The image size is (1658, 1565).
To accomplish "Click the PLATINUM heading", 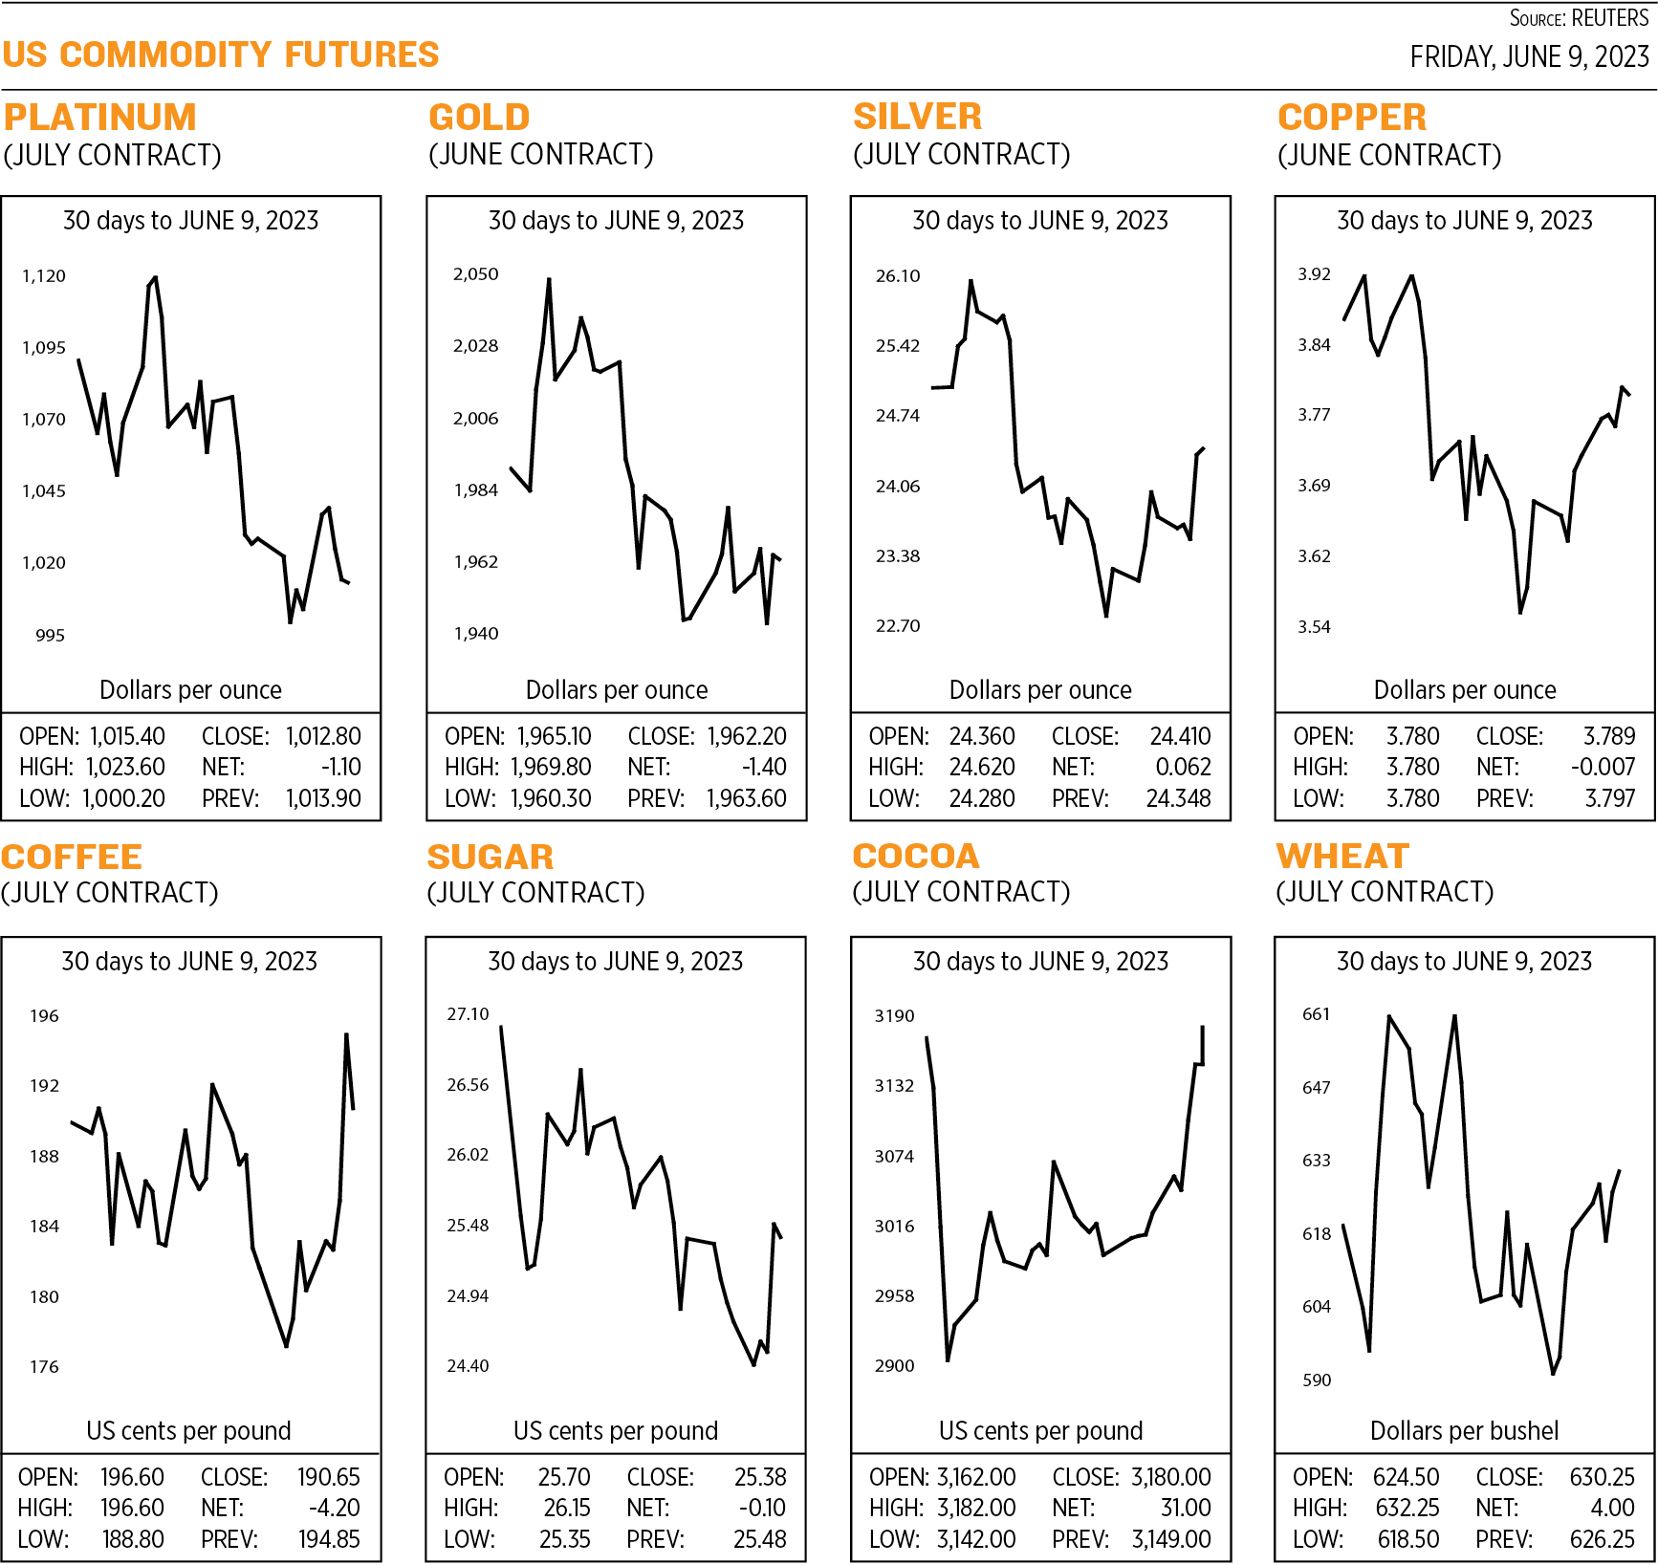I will click(x=99, y=118).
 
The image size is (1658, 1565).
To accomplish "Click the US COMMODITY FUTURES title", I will click(x=220, y=54).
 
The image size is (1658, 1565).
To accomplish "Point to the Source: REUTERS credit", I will click(x=1578, y=18).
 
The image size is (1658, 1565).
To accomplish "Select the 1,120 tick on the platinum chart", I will click(x=44, y=276).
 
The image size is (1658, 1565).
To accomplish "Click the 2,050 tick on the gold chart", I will click(x=475, y=274).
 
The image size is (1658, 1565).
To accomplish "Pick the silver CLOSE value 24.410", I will click(x=1179, y=736).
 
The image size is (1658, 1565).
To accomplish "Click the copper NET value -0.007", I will click(x=1603, y=767).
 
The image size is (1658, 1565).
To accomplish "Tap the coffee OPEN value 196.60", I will click(x=132, y=1477).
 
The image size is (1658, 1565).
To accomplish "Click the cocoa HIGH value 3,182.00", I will click(x=975, y=1508).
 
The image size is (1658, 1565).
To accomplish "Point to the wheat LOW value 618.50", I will click(x=1407, y=1539).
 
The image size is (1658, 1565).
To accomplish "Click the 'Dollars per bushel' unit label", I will click(x=1464, y=1430).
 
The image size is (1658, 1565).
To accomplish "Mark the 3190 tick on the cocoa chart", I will click(x=894, y=1016).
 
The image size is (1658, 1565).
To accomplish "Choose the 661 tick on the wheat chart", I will click(x=1316, y=1014).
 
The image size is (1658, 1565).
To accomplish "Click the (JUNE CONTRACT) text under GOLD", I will click(x=540, y=155).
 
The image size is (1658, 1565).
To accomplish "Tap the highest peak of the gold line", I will click(x=549, y=279).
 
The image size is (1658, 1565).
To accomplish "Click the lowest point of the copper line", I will click(x=1520, y=612).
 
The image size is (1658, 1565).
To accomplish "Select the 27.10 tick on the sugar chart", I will click(x=468, y=1014).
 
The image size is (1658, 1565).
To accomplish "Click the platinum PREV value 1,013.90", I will click(x=323, y=798).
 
